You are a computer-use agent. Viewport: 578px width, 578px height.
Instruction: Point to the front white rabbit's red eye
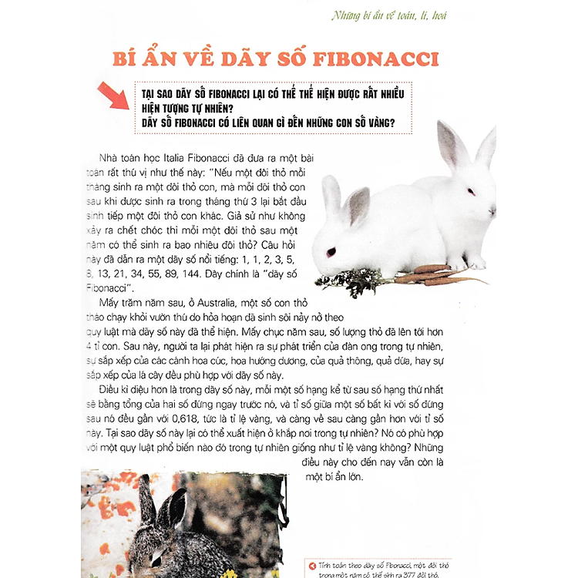(331, 252)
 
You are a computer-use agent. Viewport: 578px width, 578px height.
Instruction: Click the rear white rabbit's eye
(471, 190)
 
